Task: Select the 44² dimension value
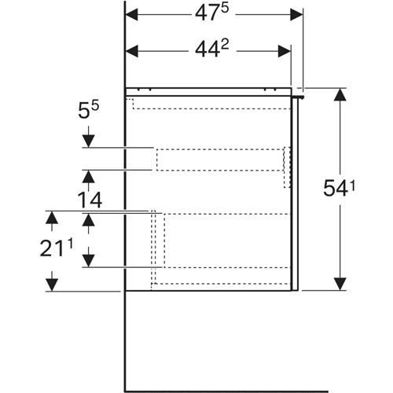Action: pyautogui.click(x=211, y=50)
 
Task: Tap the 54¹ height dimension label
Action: pyautogui.click(x=339, y=188)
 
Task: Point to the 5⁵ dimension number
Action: pyautogui.click(x=89, y=110)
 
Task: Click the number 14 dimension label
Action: pyautogui.click(x=90, y=200)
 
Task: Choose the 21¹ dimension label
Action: pyautogui.click(x=57, y=248)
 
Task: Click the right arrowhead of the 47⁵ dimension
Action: pyautogui.click(x=296, y=14)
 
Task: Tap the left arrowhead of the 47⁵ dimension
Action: pyautogui.click(x=132, y=14)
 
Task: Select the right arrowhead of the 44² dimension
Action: pyautogui.click(x=285, y=51)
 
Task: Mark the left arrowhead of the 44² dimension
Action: pyautogui.click(x=132, y=51)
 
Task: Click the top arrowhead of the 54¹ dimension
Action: pyautogui.click(x=340, y=94)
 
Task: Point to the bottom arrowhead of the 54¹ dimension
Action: pyautogui.click(x=340, y=284)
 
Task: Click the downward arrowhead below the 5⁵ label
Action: pyautogui.click(x=88, y=141)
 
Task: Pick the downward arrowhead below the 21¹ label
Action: pyautogui.click(x=52, y=285)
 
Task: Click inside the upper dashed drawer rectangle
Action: pyautogui.click(x=220, y=160)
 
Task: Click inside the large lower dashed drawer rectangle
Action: pyautogui.click(x=227, y=241)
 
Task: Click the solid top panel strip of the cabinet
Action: pyautogui.click(x=208, y=92)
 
